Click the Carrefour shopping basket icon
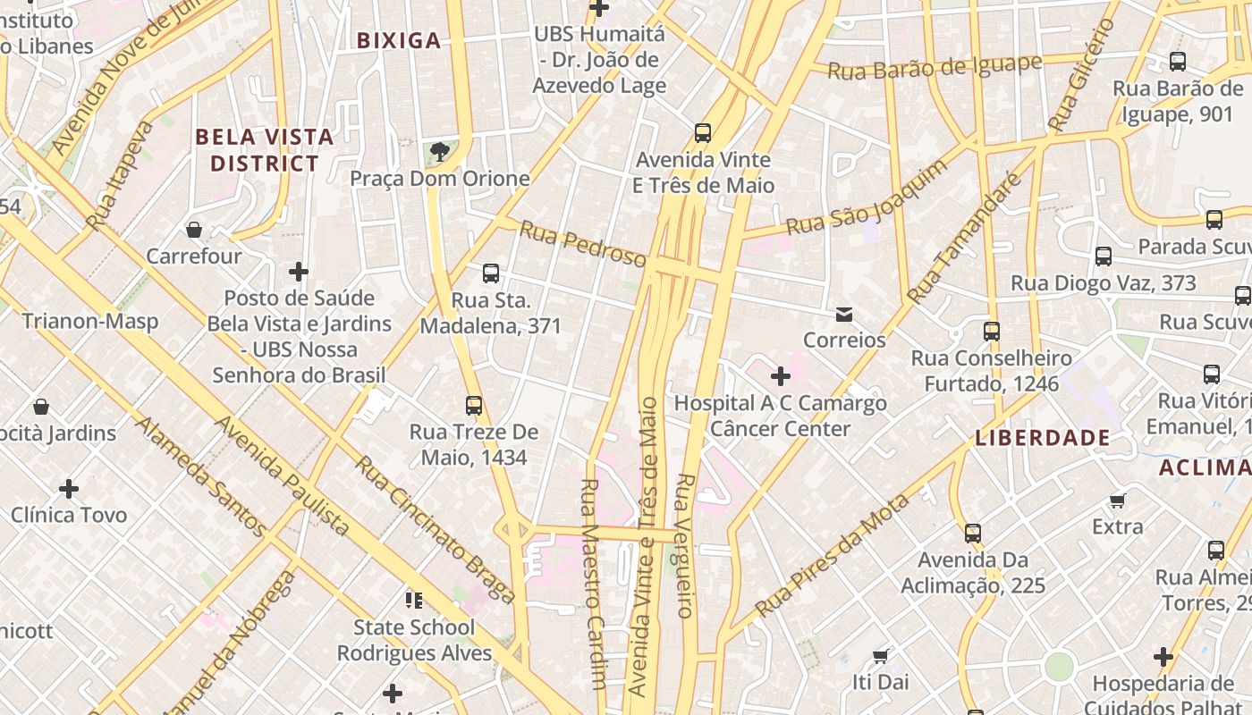pyautogui.click(x=194, y=231)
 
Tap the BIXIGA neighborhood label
pyautogui.click(x=399, y=40)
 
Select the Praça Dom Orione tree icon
pyautogui.click(x=438, y=153)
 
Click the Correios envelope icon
pyautogui.click(x=843, y=315)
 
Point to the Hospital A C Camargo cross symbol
pyautogui.click(x=781, y=376)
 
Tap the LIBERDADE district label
pyautogui.click(x=1043, y=438)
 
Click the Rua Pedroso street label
pyautogui.click(x=582, y=244)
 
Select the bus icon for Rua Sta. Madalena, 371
pyautogui.click(x=490, y=273)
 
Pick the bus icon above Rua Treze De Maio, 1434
pyautogui.click(x=474, y=406)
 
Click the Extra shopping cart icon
pyautogui.click(x=1117, y=500)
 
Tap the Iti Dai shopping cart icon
pyautogui.click(x=880, y=656)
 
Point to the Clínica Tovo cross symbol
pyautogui.click(x=69, y=489)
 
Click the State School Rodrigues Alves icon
pyautogui.click(x=413, y=600)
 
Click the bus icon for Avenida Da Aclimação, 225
pyautogui.click(x=973, y=534)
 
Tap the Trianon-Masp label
pyautogui.click(x=90, y=321)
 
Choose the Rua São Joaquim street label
pyautogui.click(x=867, y=199)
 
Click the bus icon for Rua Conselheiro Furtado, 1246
pyautogui.click(x=992, y=332)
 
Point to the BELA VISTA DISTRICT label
pyautogui.click(x=265, y=150)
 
